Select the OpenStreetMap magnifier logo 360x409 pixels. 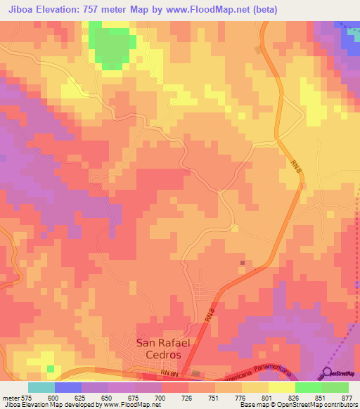point(328,372)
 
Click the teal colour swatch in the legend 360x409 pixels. point(41,387)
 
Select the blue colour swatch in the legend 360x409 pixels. point(68,387)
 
